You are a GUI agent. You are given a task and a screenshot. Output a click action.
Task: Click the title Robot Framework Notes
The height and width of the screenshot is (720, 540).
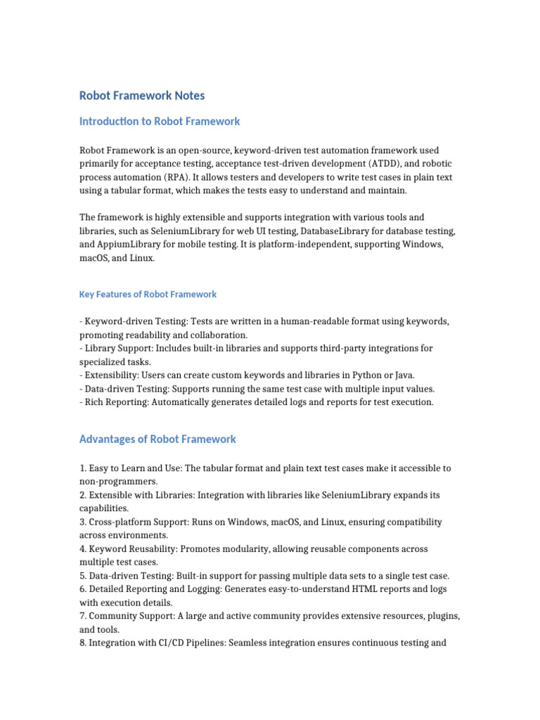point(142,95)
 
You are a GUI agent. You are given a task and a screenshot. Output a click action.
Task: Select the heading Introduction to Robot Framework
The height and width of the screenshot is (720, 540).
point(160,121)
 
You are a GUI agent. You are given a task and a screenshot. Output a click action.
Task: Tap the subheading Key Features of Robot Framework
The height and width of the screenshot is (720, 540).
point(148,294)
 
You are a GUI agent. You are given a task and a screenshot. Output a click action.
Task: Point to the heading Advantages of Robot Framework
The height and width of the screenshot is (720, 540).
point(157,439)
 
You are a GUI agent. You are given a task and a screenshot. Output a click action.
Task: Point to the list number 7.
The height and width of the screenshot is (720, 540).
point(83,616)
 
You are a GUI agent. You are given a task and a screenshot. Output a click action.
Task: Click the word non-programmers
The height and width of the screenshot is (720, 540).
point(117,482)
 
